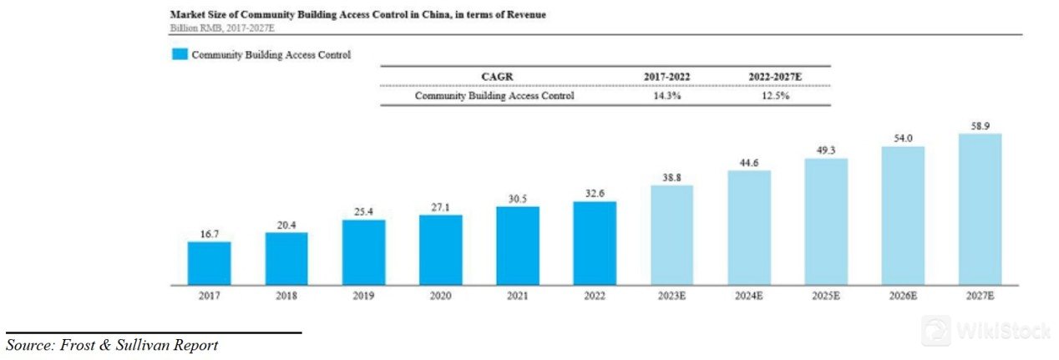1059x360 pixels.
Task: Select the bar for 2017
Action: (x=209, y=263)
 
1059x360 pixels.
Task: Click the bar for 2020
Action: (x=440, y=250)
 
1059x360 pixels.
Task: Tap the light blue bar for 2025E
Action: (x=825, y=221)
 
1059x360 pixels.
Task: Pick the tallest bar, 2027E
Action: (x=980, y=209)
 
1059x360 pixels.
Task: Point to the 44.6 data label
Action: (x=748, y=162)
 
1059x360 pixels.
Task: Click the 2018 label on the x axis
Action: (x=286, y=296)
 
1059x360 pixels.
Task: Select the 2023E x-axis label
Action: (x=671, y=296)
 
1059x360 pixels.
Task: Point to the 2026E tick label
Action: (x=902, y=296)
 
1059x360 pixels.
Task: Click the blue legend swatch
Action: (x=180, y=55)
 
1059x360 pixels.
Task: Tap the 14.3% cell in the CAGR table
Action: (x=666, y=95)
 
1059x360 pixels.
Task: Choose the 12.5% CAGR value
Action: (x=774, y=95)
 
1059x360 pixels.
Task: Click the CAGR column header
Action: (x=496, y=76)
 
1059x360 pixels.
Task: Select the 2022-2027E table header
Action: (x=774, y=76)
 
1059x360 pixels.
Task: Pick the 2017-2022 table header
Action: (x=666, y=76)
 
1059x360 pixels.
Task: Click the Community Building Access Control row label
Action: (x=494, y=95)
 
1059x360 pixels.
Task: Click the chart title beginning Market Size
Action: (x=357, y=15)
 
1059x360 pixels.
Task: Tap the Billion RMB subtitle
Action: (x=221, y=28)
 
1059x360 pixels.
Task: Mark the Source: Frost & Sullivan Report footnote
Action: (x=113, y=345)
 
